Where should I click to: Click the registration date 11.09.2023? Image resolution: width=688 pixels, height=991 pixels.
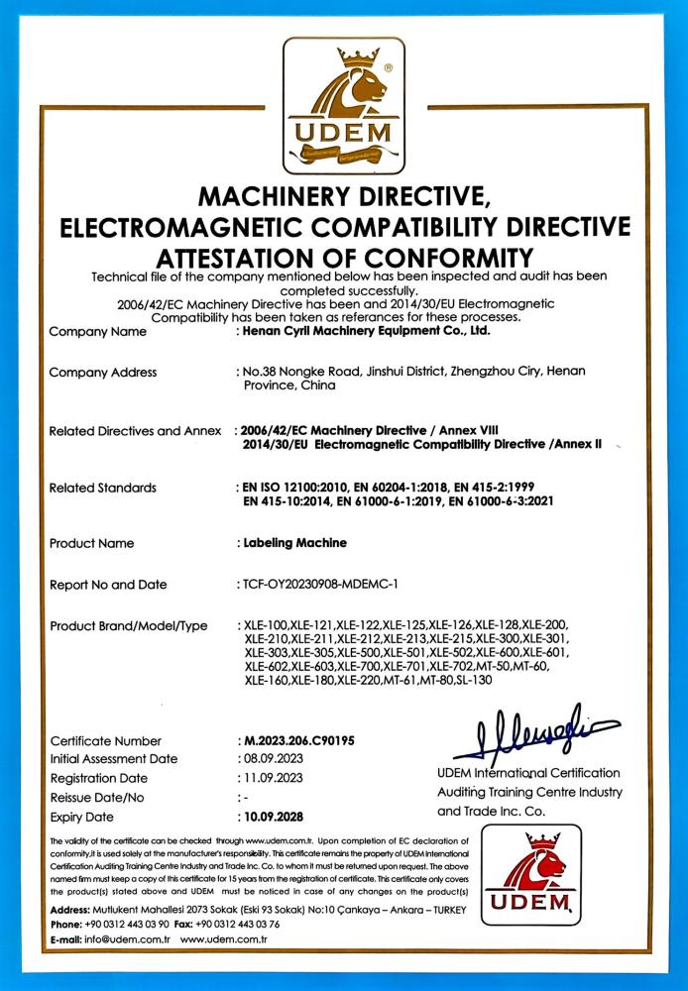pos(271,778)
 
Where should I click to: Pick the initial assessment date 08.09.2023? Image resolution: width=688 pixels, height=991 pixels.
pos(271,759)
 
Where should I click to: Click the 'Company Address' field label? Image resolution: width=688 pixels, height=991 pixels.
pos(103,373)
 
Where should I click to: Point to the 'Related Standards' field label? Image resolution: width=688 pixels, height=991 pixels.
pos(103,488)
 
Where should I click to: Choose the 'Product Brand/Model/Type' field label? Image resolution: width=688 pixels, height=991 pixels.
pos(129,626)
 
